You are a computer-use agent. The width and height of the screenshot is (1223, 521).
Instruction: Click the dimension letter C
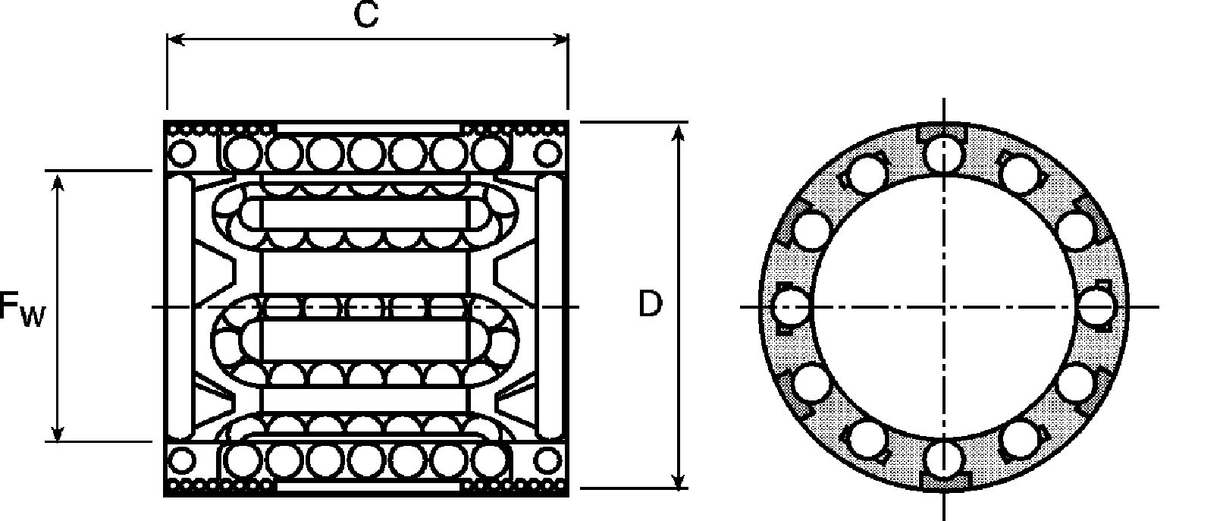(365, 14)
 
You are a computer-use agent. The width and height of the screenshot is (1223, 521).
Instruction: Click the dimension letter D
(651, 303)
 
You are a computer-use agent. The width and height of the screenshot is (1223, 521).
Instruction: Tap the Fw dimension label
(22, 309)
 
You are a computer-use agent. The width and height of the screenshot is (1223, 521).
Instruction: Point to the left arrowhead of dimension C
(176, 39)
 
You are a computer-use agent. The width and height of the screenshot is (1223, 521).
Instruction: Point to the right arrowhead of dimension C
(560, 39)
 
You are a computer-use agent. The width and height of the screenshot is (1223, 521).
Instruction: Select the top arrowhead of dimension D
(678, 133)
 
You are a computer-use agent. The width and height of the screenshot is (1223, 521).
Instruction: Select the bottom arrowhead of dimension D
(678, 478)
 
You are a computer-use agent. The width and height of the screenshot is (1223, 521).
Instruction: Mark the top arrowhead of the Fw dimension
(58, 181)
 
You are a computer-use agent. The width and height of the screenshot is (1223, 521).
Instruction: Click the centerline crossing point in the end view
(944, 307)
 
